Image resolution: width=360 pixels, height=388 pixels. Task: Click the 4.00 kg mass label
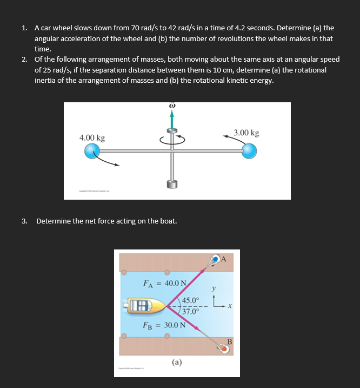tap(92, 138)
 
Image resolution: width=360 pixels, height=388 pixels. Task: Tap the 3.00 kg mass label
tap(246, 133)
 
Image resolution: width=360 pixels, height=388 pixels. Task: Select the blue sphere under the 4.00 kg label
tap(93, 152)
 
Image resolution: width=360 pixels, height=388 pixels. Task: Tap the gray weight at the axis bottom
tap(172, 184)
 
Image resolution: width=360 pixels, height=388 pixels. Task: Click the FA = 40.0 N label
tap(164, 282)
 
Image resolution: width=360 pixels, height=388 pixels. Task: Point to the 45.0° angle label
tap(191, 301)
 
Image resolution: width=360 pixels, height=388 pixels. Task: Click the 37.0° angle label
tap(191, 311)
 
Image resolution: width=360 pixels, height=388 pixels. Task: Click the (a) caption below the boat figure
tap(177, 361)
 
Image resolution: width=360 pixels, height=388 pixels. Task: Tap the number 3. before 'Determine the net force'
tap(24, 221)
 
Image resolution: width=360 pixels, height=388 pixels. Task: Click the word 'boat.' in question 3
tap(168, 221)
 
